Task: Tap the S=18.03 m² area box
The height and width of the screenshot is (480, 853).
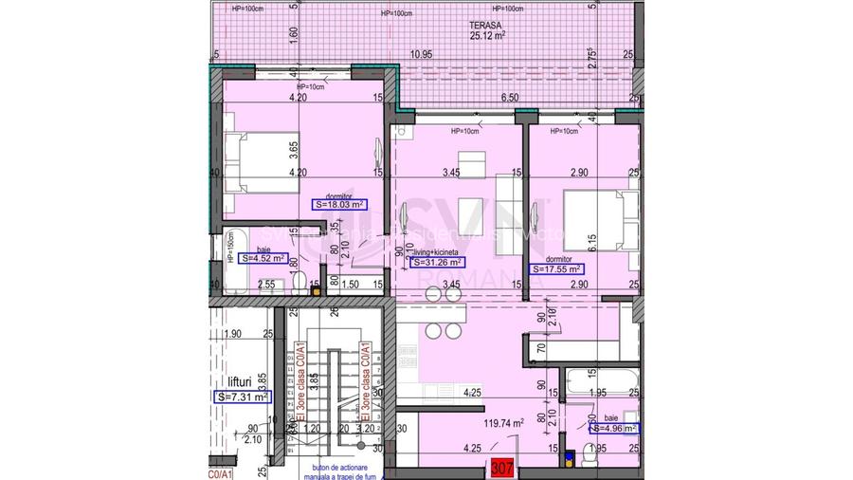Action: (x=338, y=204)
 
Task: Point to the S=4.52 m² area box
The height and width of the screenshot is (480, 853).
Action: (x=263, y=257)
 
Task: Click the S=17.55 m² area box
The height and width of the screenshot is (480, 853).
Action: (x=557, y=268)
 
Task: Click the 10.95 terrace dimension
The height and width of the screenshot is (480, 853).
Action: (x=420, y=55)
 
